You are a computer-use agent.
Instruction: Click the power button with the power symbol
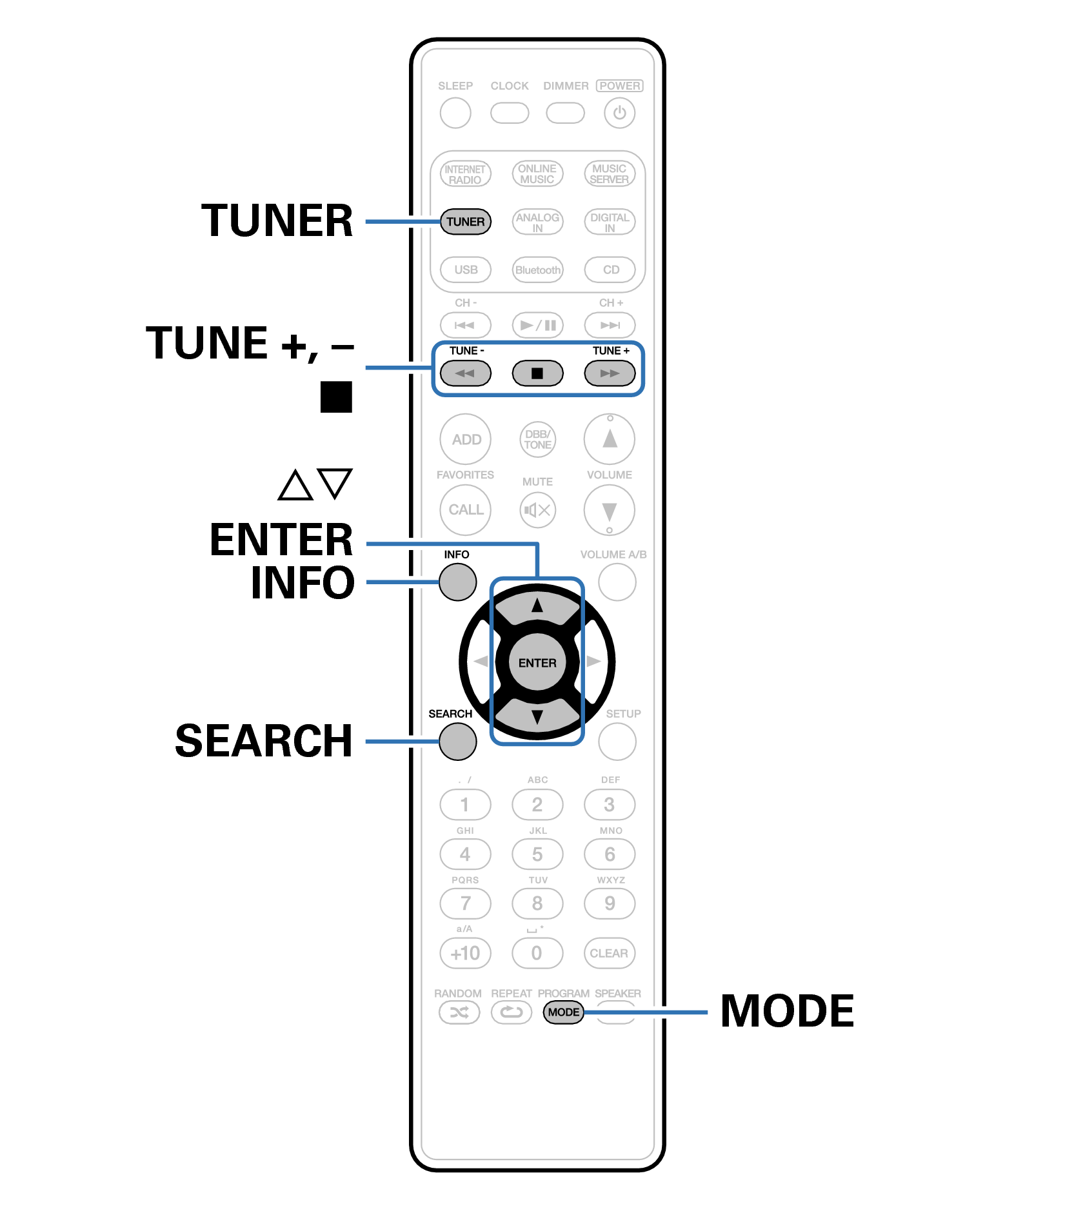point(619,113)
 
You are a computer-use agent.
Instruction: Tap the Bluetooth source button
point(537,270)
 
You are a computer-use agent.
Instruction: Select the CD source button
point(610,270)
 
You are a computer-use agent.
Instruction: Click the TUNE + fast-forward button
point(610,373)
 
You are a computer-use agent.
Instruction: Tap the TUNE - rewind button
point(465,373)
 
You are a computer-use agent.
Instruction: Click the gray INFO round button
point(457,582)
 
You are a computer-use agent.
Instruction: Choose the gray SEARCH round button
point(457,742)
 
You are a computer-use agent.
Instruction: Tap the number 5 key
point(537,854)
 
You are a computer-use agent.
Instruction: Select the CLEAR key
point(609,953)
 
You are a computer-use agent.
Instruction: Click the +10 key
point(465,953)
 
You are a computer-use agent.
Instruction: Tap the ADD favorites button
point(466,440)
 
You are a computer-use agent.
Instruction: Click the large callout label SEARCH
point(264,741)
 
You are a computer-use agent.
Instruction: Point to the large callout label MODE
point(787,1011)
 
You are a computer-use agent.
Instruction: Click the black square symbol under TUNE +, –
point(336,397)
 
